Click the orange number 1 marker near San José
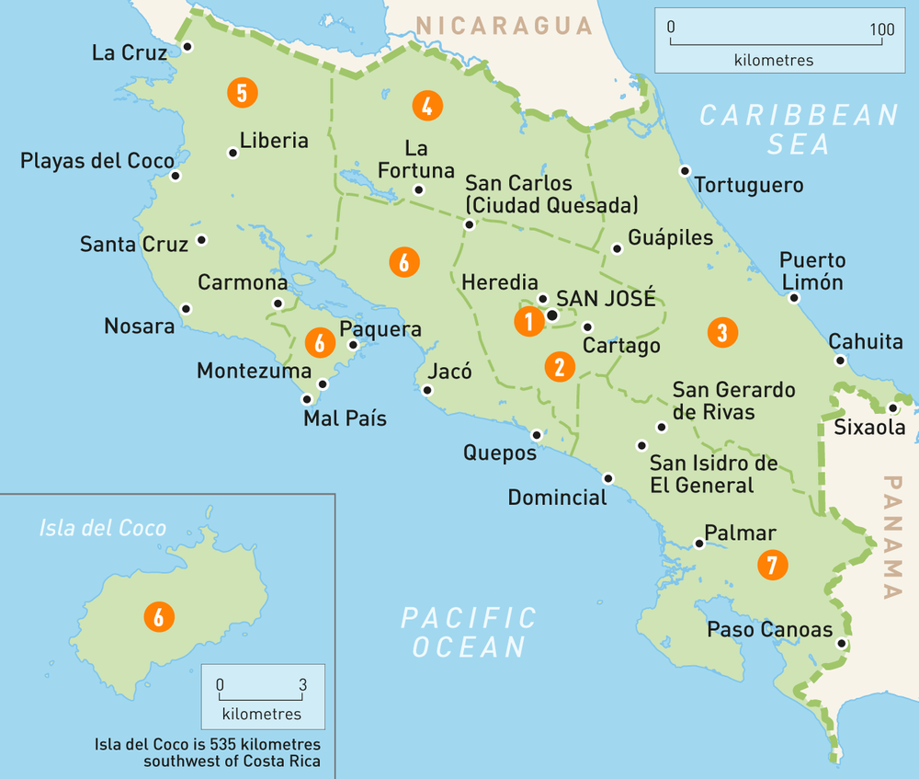click(x=528, y=322)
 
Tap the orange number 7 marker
click(x=772, y=565)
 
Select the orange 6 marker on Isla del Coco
click(x=159, y=617)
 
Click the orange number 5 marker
click(x=243, y=93)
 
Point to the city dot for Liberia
click(x=233, y=154)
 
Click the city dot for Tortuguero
click(x=685, y=171)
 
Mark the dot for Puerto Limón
click(x=794, y=298)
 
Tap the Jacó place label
click(x=449, y=372)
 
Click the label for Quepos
click(x=499, y=453)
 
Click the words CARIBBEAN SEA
click(x=798, y=129)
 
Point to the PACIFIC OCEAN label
click(x=469, y=631)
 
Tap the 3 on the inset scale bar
click(x=302, y=685)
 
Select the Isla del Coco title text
click(x=103, y=528)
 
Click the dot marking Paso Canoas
click(x=841, y=644)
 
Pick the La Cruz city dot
click(x=187, y=47)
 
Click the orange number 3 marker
click(x=722, y=332)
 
